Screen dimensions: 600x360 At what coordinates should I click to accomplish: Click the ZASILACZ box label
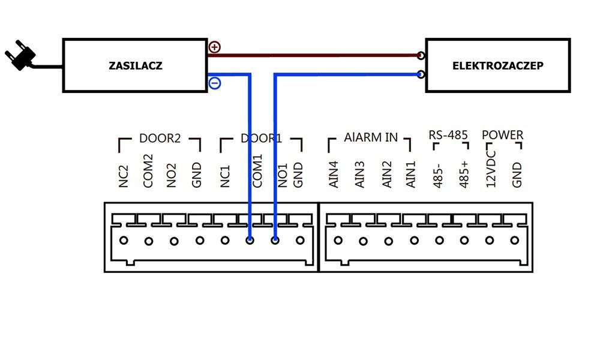[x=136, y=65]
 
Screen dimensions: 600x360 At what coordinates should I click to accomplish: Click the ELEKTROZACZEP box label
[x=498, y=66]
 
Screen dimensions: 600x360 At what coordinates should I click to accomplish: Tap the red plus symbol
[x=215, y=47]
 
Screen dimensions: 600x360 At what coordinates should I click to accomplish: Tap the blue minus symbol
[x=215, y=83]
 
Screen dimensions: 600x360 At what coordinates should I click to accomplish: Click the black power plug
[x=20, y=56]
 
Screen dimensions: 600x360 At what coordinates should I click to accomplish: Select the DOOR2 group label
[x=160, y=138]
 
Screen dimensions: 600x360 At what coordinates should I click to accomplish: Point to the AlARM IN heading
[x=370, y=137]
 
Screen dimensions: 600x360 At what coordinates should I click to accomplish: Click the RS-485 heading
[x=448, y=135]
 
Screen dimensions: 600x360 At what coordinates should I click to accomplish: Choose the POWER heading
[x=502, y=135]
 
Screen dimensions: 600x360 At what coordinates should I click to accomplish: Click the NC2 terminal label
[x=123, y=176]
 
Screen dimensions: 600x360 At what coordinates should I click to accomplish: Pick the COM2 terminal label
[x=148, y=171]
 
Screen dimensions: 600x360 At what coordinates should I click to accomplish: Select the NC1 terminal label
[x=225, y=176]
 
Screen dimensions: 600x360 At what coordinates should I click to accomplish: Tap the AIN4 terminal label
[x=334, y=175]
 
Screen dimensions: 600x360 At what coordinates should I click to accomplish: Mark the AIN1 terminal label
[x=410, y=175]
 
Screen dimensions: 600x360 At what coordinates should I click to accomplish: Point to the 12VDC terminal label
[x=491, y=169]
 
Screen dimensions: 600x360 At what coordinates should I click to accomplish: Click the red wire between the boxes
[x=314, y=55]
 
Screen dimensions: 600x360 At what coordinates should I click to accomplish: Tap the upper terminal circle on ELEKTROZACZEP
[x=421, y=55]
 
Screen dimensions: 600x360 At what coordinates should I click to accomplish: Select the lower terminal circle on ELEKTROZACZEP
[x=421, y=74]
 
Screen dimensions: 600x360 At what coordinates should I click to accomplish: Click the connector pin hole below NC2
[x=124, y=241]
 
